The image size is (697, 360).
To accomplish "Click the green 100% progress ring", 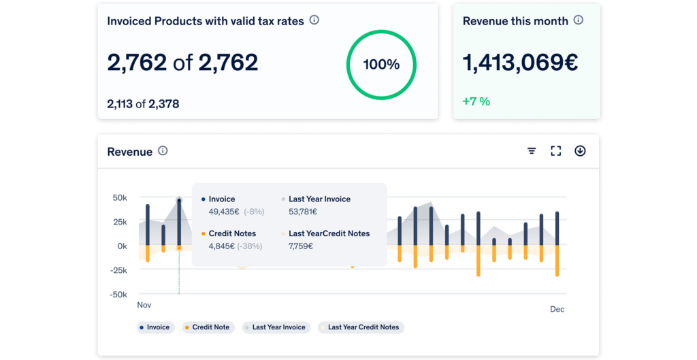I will point(381,65).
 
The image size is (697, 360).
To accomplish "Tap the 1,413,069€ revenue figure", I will point(520,63).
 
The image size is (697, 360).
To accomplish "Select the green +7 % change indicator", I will point(476,101).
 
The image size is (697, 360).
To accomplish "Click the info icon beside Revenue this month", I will point(578,20).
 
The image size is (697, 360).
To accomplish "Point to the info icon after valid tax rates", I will point(314,20).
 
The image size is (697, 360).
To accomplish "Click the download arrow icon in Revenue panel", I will point(580,151).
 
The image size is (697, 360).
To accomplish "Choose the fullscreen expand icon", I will point(556,151).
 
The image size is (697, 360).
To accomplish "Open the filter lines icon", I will point(532,151).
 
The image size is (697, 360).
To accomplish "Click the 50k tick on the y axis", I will point(120,198).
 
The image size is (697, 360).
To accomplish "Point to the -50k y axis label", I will point(118,295).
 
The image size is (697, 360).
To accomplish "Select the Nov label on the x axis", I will point(144,305).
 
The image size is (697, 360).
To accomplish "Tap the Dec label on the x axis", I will point(557,309).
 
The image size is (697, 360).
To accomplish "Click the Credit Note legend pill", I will point(207,327).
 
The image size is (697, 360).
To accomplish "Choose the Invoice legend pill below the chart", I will point(155,327).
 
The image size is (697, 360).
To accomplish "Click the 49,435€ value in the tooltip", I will point(221,212).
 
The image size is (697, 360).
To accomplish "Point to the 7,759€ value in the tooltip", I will point(301,246).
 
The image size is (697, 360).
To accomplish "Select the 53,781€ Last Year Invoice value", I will point(302,212).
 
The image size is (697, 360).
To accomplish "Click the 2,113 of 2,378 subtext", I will point(143,104).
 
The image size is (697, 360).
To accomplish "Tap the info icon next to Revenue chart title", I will point(163,151).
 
